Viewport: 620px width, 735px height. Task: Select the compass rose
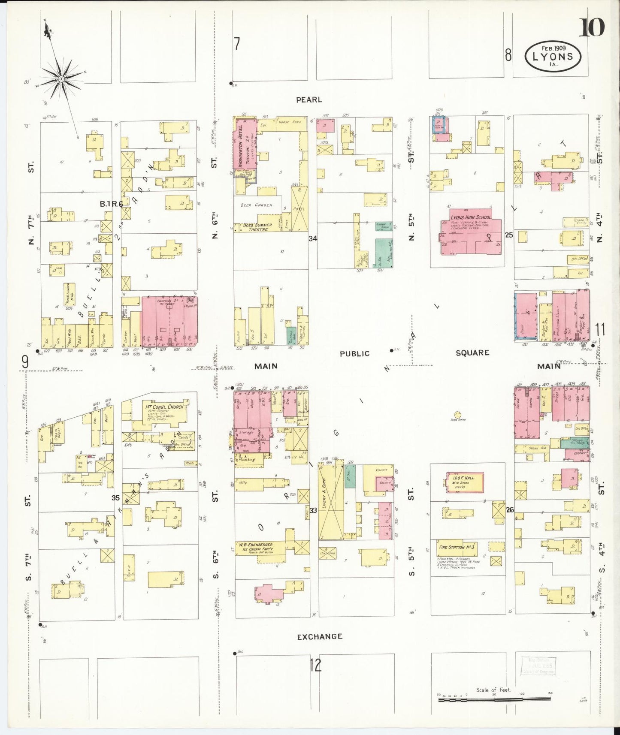(61, 79)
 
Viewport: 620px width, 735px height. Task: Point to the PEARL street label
(308, 99)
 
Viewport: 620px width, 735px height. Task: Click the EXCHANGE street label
(320, 637)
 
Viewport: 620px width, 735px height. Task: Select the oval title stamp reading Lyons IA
(553, 56)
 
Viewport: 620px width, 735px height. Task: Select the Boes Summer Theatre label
(257, 227)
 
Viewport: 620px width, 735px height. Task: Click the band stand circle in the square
(458, 415)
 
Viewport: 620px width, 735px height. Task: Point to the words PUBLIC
(354, 354)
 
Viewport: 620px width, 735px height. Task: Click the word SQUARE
(472, 352)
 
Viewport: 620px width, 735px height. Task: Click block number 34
(313, 238)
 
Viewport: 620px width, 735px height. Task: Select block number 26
(509, 510)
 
